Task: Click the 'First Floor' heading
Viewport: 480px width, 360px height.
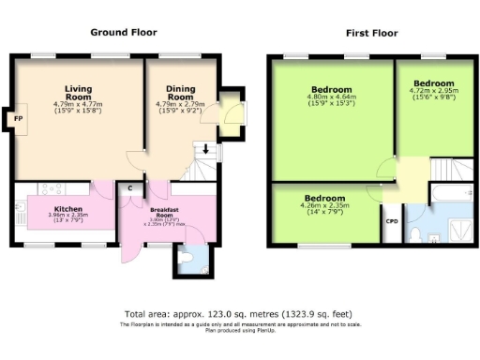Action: click(x=371, y=33)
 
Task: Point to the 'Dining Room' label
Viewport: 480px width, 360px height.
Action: click(x=180, y=93)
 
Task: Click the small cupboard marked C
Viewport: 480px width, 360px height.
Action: click(x=129, y=188)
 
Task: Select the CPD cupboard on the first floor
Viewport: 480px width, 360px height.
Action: click(x=392, y=221)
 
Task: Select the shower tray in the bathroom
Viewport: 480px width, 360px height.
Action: click(x=459, y=227)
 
